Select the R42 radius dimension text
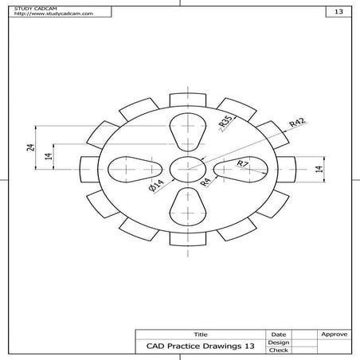[x=297, y=123]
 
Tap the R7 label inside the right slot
[x=243, y=164]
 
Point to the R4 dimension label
[x=205, y=182]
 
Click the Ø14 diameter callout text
[x=155, y=186]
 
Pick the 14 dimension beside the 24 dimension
[x=48, y=157]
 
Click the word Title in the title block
[x=200, y=334]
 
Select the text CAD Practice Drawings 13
[x=200, y=346]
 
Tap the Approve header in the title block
[x=333, y=334]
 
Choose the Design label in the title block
[x=279, y=342]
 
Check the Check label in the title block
[x=279, y=350]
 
